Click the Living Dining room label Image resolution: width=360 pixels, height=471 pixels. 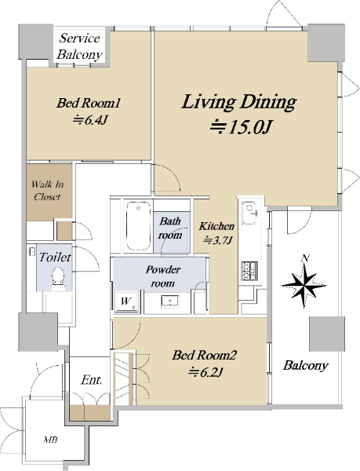(x=239, y=102)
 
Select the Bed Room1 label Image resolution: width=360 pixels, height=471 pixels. (x=89, y=103)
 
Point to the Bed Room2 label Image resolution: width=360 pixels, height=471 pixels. (x=204, y=356)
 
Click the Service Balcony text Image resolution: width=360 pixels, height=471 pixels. (x=80, y=46)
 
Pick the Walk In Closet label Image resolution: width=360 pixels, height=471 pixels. (x=47, y=191)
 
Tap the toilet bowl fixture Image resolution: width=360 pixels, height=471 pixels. (x=58, y=279)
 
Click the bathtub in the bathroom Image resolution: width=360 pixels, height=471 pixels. (x=138, y=225)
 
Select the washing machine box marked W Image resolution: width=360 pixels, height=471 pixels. (x=127, y=301)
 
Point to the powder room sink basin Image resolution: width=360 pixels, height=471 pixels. (x=169, y=301)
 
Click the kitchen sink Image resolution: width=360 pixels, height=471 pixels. (x=250, y=213)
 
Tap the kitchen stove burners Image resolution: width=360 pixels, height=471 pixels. (x=249, y=271)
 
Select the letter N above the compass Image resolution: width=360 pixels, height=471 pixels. (x=306, y=258)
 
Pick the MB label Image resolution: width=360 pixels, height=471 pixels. (x=50, y=440)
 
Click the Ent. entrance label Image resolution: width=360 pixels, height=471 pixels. (x=92, y=380)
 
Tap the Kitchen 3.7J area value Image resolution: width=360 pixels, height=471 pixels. (x=218, y=240)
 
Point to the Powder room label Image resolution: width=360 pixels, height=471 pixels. (x=162, y=276)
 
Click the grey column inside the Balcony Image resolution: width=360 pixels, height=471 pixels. (x=325, y=334)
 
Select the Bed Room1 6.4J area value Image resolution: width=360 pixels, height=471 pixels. (x=89, y=121)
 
